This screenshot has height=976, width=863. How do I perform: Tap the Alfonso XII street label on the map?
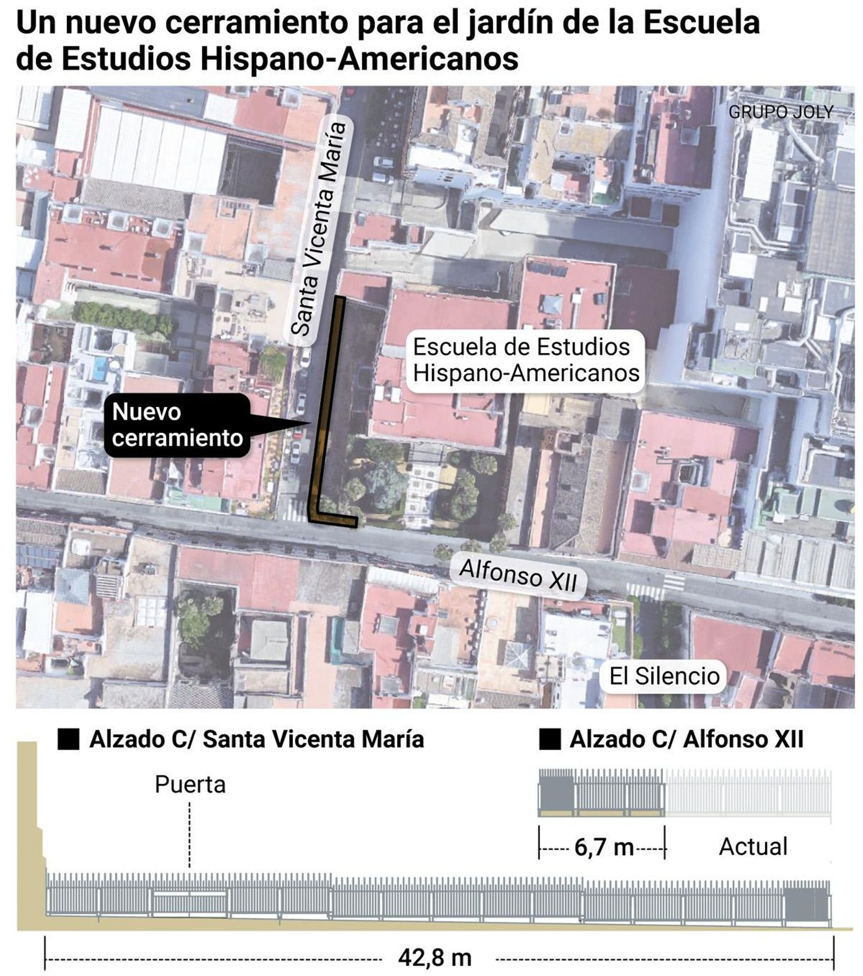[518, 575]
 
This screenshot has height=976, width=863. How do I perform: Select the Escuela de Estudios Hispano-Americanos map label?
[525, 359]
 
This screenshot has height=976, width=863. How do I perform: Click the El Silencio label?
[664, 676]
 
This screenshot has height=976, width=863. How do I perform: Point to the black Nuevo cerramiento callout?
[177, 425]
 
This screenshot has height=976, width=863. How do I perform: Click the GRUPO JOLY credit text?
[780, 112]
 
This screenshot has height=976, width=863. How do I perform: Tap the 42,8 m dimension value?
[435, 958]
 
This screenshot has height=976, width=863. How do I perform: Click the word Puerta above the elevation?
[190, 785]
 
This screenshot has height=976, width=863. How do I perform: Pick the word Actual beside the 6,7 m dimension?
[753, 847]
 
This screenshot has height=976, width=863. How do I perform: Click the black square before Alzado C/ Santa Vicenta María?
[69, 739]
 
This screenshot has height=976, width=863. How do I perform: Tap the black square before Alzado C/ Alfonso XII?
[550, 739]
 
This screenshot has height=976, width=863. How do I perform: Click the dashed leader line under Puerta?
[190, 835]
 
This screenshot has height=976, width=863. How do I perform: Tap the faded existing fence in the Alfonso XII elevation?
[748, 792]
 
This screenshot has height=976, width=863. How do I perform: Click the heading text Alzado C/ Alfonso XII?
[686, 739]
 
